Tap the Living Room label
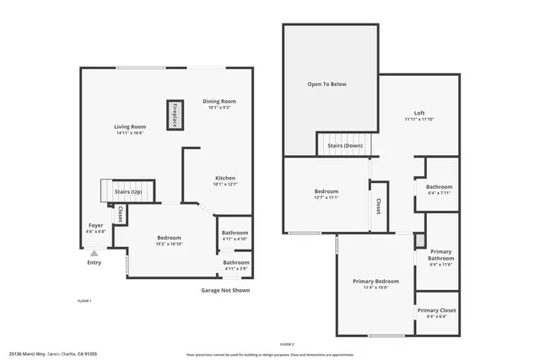click(130, 127)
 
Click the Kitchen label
click(224, 178)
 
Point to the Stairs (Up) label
click(128, 193)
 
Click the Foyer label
click(97, 225)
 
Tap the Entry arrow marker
click(94, 252)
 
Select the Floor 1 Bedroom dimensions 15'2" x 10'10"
click(169, 244)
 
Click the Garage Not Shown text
click(224, 290)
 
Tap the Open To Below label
click(327, 84)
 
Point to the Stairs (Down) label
click(345, 145)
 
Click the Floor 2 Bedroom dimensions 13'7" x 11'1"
click(326, 197)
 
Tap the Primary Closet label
click(436, 310)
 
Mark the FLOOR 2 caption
click(286, 344)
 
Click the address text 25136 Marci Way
click(27, 354)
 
